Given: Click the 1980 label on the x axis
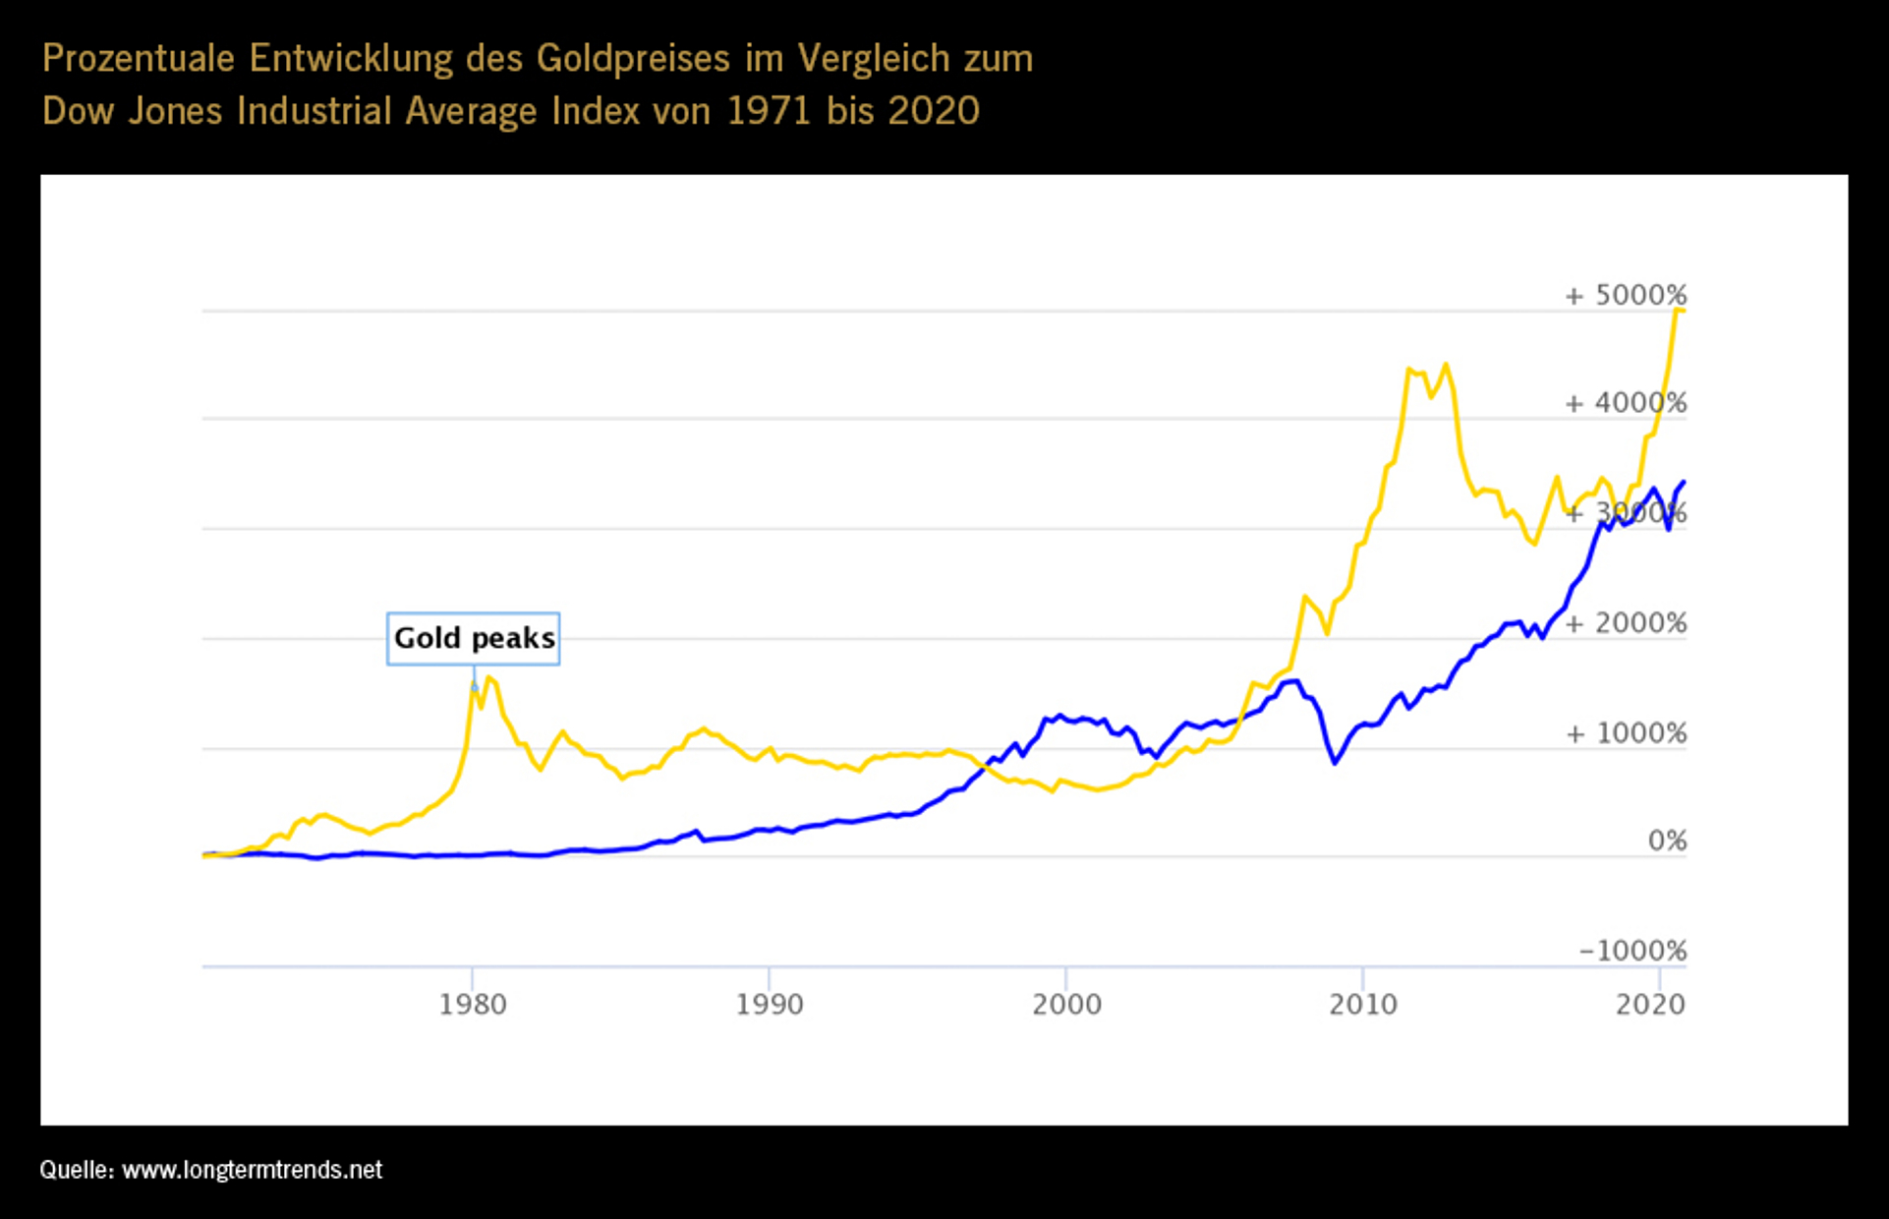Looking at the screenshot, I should tap(473, 1004).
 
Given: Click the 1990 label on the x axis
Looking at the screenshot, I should tap(770, 1004).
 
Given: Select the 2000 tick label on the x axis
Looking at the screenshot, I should tap(1066, 1004).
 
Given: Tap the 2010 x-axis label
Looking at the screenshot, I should tap(1363, 1004).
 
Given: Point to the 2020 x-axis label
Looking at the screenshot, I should tap(1650, 1004).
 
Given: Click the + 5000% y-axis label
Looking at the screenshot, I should tap(1626, 295).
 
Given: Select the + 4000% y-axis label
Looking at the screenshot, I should tap(1626, 403).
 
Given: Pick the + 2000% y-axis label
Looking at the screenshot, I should tap(1626, 623).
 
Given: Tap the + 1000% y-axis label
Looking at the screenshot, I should tap(1626, 733).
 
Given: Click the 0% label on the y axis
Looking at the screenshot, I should tap(1667, 841).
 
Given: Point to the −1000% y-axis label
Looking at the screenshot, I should tap(1632, 951).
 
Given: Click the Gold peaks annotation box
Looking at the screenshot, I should tap(474, 639).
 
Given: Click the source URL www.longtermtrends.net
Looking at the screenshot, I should tap(252, 1170).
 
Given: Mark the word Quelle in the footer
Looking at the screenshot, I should tap(76, 1170).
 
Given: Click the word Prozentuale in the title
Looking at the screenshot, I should tap(139, 59).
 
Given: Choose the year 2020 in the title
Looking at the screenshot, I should tap(933, 111).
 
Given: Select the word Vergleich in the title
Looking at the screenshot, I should tap(874, 59).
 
